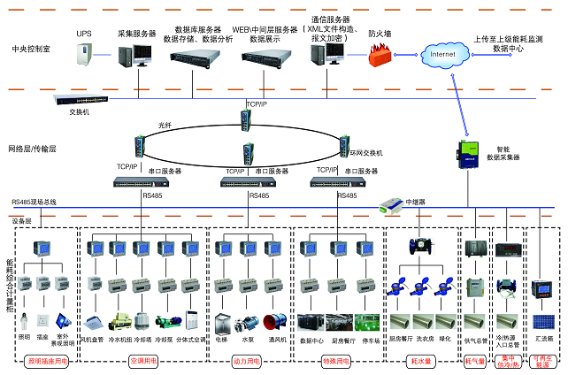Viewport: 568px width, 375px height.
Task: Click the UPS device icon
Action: pos(84,54)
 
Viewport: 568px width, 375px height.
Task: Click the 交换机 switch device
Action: pos(81,99)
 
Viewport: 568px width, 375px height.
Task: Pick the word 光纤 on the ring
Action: pos(165,126)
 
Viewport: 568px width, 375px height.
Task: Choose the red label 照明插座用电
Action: pos(48,361)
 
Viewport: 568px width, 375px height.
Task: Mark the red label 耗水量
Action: pos(421,361)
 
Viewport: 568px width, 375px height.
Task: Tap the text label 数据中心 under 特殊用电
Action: pos(311,339)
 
